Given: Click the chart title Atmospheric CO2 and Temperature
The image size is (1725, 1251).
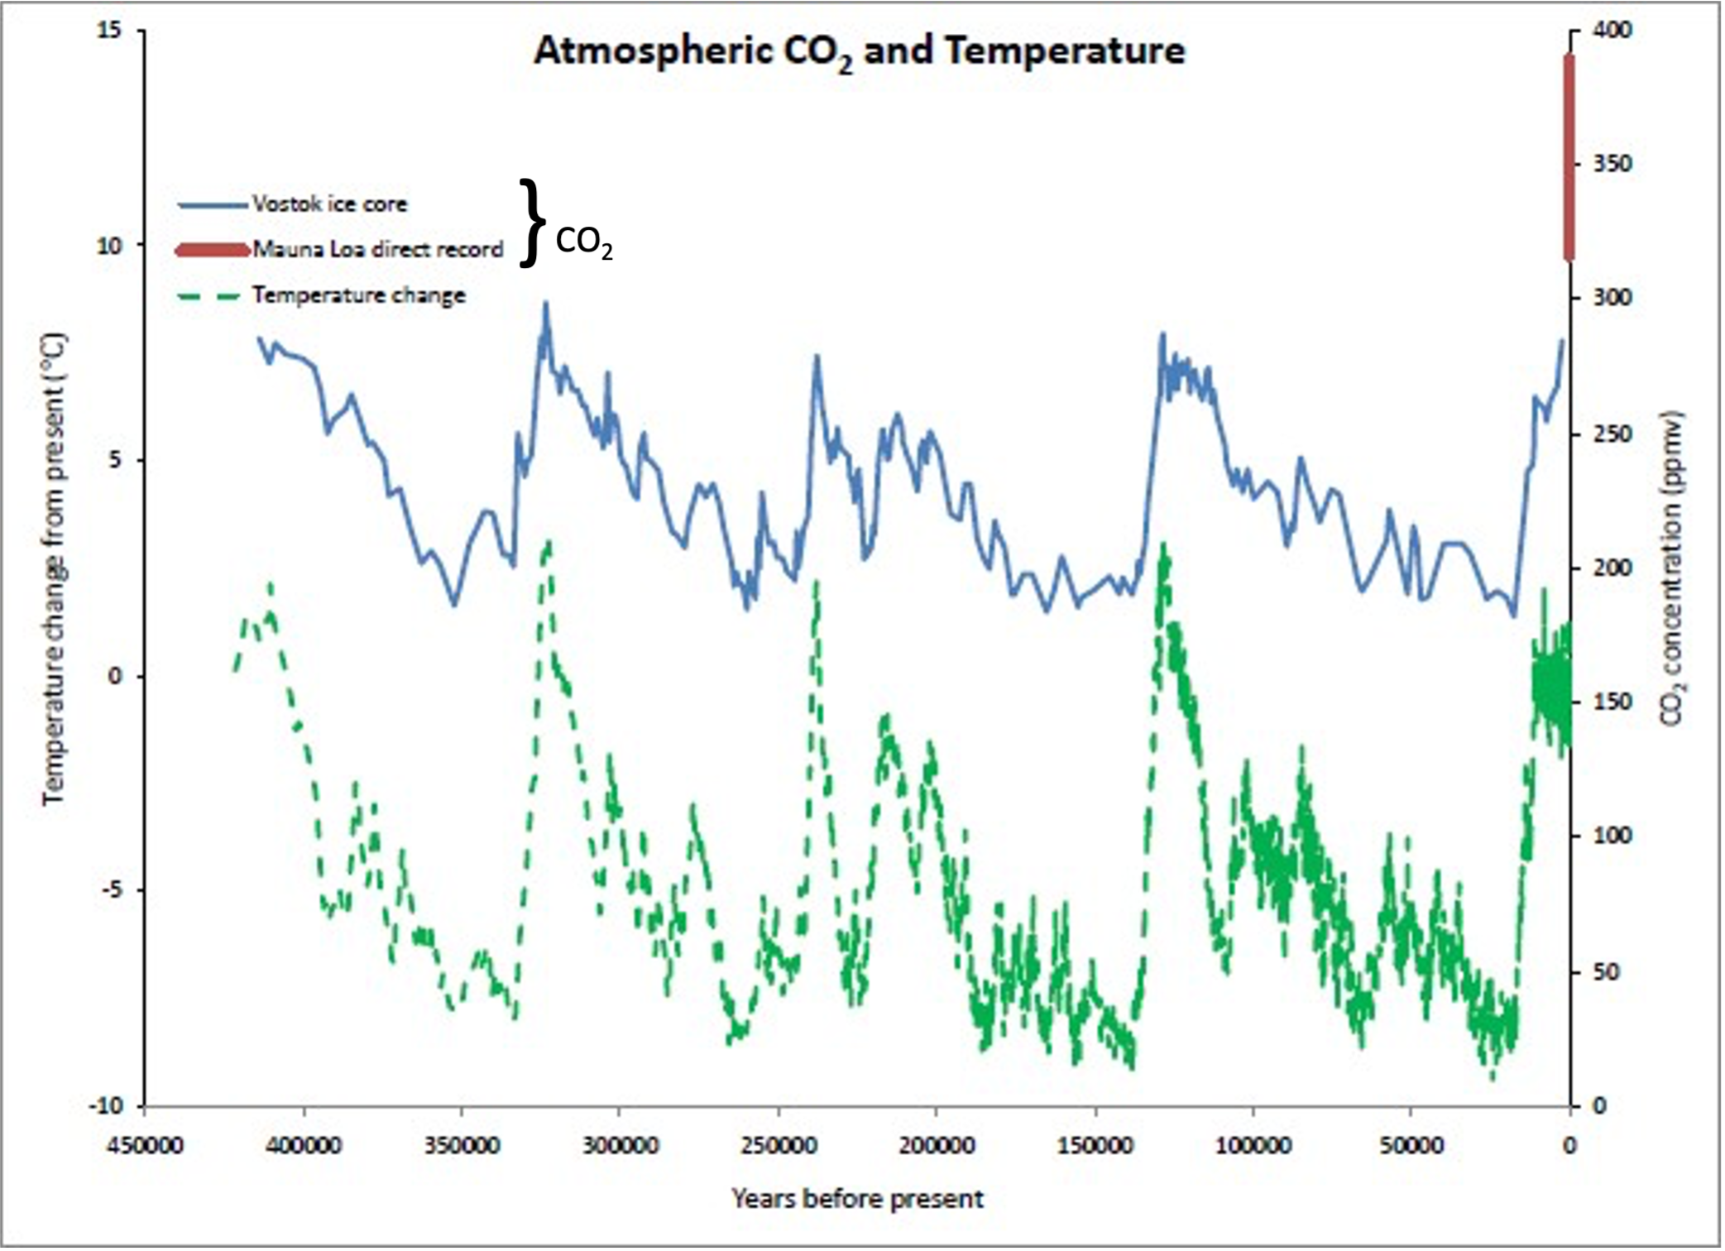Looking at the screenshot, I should click(x=859, y=51).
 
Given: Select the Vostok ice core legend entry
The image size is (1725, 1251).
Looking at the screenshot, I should click(x=329, y=204).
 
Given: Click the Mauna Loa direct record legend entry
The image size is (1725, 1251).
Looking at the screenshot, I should click(x=377, y=249).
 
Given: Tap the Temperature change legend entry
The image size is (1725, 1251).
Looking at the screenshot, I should click(x=358, y=295).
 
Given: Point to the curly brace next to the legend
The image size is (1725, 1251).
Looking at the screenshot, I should click(x=533, y=223).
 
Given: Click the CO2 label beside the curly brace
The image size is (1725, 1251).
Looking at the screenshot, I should click(x=583, y=243).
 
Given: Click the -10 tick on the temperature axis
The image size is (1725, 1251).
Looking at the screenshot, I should click(x=104, y=1106).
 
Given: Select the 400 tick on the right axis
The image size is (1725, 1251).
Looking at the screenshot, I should click(x=1612, y=31).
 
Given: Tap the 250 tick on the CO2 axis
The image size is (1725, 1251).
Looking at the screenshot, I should click(x=1612, y=434).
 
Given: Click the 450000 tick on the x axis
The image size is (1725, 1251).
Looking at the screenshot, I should click(x=144, y=1147).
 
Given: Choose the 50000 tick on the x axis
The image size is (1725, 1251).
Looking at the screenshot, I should click(x=1411, y=1147).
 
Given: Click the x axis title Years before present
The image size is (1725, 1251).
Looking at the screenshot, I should click(x=857, y=1198).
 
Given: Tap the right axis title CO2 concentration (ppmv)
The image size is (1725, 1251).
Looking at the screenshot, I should click(x=1673, y=569).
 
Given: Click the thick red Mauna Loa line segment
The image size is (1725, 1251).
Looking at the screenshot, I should click(x=1569, y=157).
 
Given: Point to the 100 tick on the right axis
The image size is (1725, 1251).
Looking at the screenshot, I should click(x=1612, y=836).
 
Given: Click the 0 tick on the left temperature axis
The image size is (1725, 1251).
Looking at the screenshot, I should click(x=115, y=676).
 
